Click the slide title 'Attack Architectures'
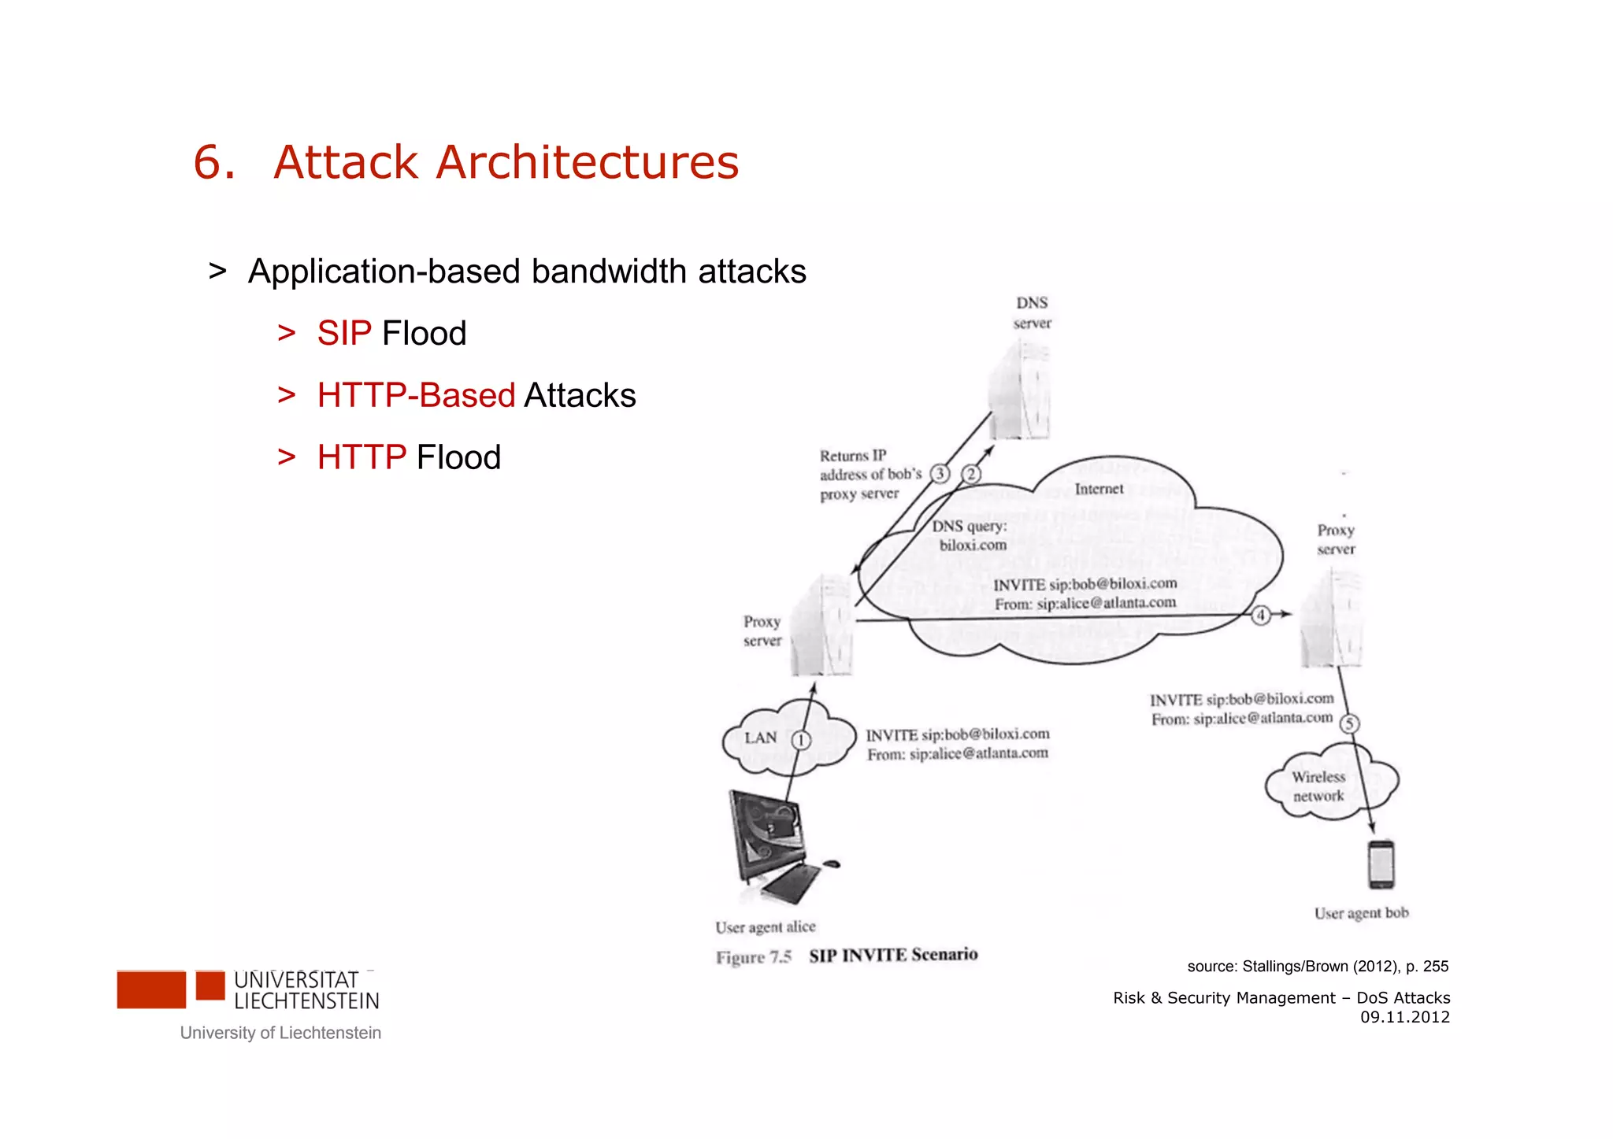click(x=506, y=162)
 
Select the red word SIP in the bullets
click(x=344, y=334)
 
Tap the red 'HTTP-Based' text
click(x=416, y=396)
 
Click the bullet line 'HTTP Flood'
click(x=408, y=457)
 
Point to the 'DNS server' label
click(x=1032, y=313)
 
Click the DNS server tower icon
click(x=1021, y=390)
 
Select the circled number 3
click(x=940, y=474)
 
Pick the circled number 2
click(x=971, y=474)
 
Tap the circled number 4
click(x=1261, y=615)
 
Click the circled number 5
click(x=1349, y=723)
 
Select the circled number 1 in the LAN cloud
click(x=801, y=740)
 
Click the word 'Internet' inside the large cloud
click(x=1099, y=489)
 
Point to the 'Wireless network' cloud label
click(x=1318, y=786)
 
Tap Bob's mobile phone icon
click(x=1381, y=864)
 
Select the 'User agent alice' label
click(x=765, y=927)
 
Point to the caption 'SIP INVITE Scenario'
click(x=893, y=956)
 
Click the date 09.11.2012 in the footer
click(x=1404, y=1017)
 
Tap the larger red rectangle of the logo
click(x=151, y=989)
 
